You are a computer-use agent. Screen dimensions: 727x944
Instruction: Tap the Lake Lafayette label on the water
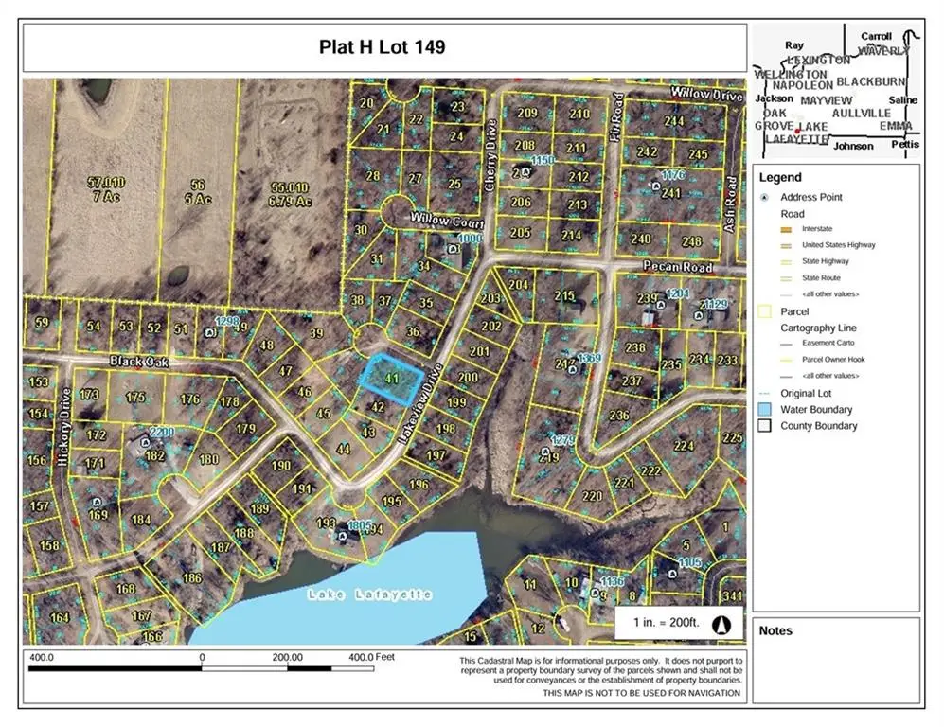[369, 594]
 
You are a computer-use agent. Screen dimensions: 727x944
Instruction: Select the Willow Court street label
[447, 220]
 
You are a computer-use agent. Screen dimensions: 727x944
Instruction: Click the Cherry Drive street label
[490, 157]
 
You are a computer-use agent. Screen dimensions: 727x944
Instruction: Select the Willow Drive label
[706, 95]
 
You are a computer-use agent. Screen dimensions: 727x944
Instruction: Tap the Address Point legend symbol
[764, 197]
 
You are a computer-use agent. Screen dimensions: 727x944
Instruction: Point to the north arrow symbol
[720, 625]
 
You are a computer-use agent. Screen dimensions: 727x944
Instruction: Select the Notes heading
[776, 631]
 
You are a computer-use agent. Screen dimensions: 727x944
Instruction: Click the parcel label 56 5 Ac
[197, 192]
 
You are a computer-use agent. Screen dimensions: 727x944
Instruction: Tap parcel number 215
[564, 297]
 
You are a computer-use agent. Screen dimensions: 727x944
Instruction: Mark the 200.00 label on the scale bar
[287, 656]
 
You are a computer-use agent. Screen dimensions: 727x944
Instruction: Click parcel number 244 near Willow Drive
[673, 120]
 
